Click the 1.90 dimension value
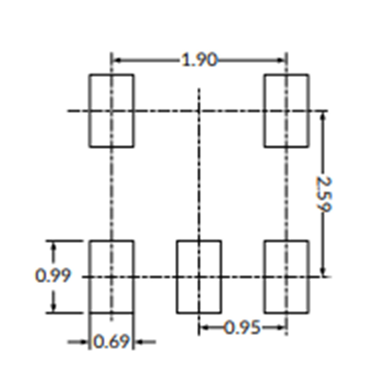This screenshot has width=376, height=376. [x=199, y=60]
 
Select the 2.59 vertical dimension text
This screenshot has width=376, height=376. [x=324, y=194]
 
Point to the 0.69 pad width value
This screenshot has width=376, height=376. [x=111, y=342]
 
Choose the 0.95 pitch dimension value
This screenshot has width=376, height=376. [x=242, y=327]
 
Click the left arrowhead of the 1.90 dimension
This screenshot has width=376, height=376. [x=117, y=60]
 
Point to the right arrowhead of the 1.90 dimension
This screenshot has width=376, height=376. [x=281, y=60]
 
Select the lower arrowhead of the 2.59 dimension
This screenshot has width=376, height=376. [x=323, y=272]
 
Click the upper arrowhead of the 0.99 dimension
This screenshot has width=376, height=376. [x=54, y=246]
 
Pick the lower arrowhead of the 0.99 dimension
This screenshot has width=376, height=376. [x=54, y=307]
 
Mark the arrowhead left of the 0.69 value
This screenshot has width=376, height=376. [x=84, y=342]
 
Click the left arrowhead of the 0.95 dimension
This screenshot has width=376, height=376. [x=204, y=327]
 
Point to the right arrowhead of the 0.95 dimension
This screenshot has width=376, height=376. [x=281, y=327]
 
